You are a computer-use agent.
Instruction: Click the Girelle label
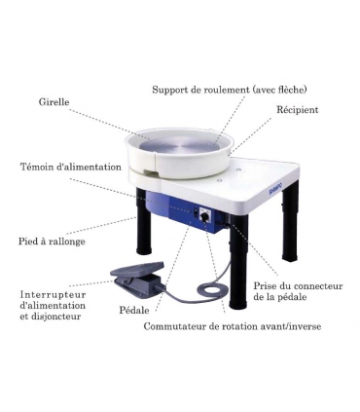tap(54, 102)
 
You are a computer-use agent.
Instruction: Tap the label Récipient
tap(297, 110)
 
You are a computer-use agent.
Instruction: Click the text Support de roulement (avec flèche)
tap(230, 90)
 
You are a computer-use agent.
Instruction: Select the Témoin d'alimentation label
tap(71, 167)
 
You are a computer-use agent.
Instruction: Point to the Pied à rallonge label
tap(52, 242)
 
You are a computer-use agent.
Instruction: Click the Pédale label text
tap(134, 310)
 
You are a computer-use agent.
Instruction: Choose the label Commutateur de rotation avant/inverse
tap(233, 326)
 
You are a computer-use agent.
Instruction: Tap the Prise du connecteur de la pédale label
tap(298, 291)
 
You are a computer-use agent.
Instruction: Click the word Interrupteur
tap(54, 295)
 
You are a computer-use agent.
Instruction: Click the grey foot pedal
tap(138, 276)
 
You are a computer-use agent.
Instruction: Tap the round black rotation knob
tap(205, 216)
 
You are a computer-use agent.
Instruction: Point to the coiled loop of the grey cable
tap(210, 288)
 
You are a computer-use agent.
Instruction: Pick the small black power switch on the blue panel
tap(196, 212)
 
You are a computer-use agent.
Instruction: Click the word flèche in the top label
tap(292, 90)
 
